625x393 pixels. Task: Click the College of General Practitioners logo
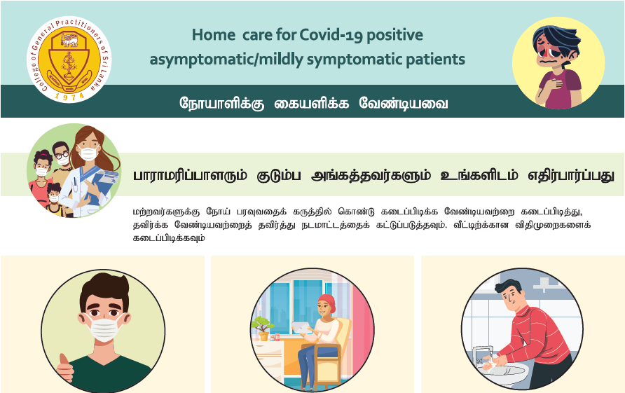[69, 60]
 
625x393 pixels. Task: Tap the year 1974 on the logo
[69, 96]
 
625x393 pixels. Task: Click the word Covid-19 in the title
[331, 35]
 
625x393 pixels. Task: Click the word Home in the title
[214, 35]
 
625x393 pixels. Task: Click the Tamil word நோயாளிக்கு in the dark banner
[221, 103]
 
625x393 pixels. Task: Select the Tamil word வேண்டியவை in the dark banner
[404, 103]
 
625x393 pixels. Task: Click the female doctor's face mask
[88, 153]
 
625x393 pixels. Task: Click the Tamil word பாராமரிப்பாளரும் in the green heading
[190, 175]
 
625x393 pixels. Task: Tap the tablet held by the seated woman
[302, 328]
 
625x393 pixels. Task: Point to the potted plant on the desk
[261, 328]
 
